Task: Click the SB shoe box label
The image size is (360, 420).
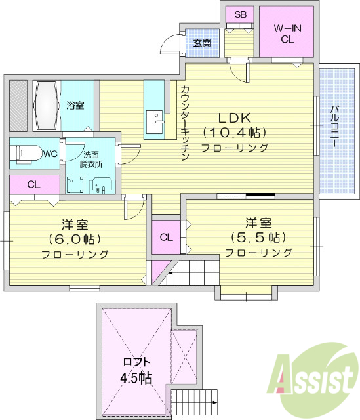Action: [240, 14]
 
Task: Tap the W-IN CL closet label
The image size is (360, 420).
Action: [287, 33]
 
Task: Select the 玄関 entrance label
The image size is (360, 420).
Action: [202, 43]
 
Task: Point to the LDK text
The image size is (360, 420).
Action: [235, 118]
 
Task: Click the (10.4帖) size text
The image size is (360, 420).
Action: [235, 133]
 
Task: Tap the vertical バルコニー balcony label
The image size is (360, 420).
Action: [334, 127]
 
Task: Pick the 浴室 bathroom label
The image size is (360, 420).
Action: [75, 105]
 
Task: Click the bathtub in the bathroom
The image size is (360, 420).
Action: [46, 106]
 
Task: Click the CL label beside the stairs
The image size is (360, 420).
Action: [166, 237]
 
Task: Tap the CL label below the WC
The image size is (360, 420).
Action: [34, 184]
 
